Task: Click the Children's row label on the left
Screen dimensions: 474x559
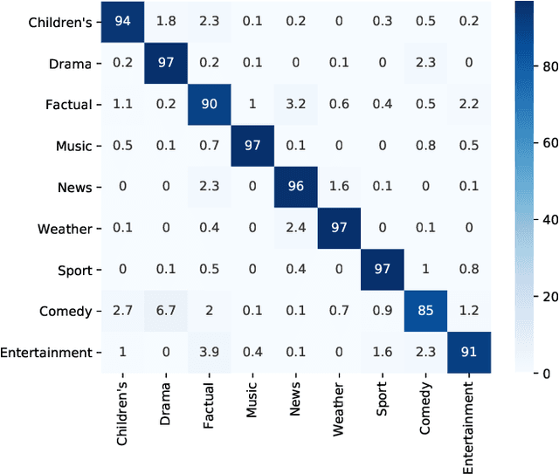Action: pyautogui.click(x=59, y=22)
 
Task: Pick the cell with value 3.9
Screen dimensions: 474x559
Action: pyautogui.click(x=209, y=353)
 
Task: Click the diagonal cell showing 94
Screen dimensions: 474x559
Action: pyautogui.click(x=122, y=22)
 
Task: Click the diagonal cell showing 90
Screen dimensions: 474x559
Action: pyautogui.click(x=209, y=105)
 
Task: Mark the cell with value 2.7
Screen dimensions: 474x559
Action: pyautogui.click(x=122, y=311)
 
